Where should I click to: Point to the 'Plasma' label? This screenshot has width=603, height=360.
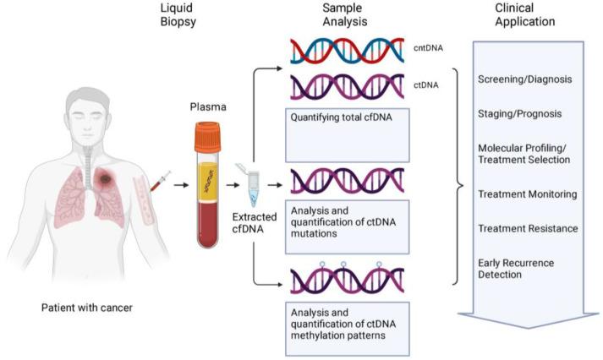tap(211, 108)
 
